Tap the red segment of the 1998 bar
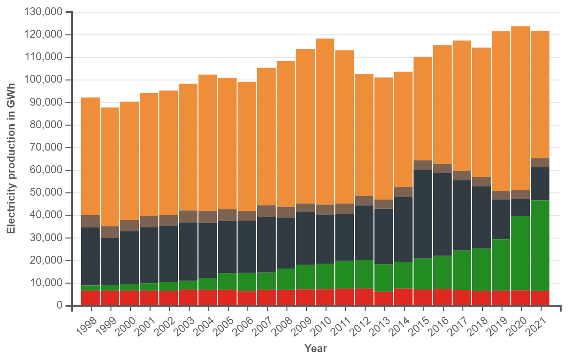pos(90,298)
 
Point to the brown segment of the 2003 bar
pos(188,216)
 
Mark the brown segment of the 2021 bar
pos(540,162)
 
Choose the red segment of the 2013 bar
pos(384,298)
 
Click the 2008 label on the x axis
pos(283,323)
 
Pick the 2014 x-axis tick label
pos(400,323)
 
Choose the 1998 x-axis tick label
pos(87,323)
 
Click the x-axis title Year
pos(315,349)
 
